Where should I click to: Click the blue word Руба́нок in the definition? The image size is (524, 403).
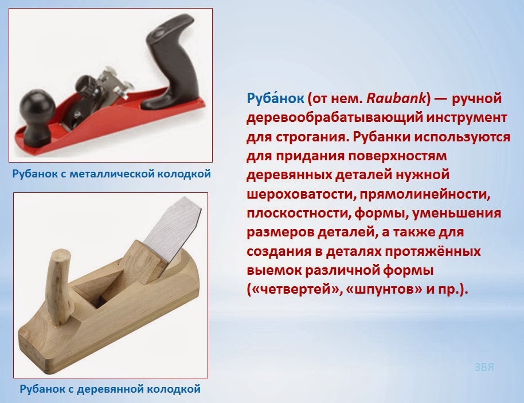(275, 98)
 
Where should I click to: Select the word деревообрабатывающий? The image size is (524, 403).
(334, 118)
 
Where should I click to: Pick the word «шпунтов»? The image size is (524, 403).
(384, 289)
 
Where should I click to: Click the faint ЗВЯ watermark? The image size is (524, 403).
(484, 368)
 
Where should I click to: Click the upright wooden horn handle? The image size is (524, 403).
(60, 287)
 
